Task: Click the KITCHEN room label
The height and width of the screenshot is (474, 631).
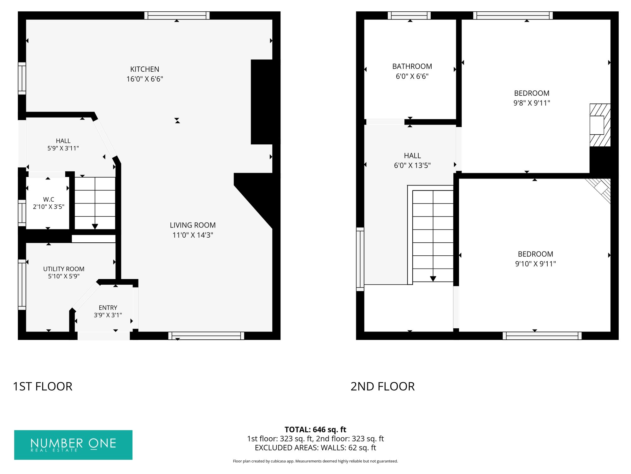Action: coord(145,69)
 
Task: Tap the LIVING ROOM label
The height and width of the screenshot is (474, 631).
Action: coord(193,225)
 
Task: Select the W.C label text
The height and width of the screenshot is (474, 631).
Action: coord(49,199)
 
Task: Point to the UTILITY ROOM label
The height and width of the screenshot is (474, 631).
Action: coord(64,269)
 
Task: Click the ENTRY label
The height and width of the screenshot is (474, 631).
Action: coord(108,308)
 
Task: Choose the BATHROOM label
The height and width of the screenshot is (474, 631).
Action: coord(412,66)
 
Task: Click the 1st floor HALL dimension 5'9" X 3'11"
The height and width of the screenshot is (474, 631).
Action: coord(63,148)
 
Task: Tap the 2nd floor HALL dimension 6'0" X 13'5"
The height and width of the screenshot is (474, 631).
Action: coord(412,165)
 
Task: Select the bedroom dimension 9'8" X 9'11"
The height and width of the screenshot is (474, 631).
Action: coord(532,103)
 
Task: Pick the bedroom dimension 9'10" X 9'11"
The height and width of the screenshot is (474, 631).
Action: coord(535,264)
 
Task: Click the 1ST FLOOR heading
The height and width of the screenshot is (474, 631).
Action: coord(43,386)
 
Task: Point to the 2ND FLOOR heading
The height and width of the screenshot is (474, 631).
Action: coord(383,386)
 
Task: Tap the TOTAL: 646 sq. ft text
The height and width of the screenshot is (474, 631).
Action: coord(315,429)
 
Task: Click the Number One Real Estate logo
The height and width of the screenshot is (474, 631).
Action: coord(73,445)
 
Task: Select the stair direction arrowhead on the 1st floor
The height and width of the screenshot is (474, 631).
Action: coord(95,226)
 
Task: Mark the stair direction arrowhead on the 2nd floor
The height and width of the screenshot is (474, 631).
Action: coord(433,279)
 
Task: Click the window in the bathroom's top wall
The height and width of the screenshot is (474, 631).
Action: coord(409,15)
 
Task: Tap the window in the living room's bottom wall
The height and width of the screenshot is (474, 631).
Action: coord(206,336)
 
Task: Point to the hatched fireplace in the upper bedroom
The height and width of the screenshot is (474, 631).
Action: coord(600,125)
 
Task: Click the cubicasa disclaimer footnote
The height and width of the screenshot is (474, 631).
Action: coord(315,461)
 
